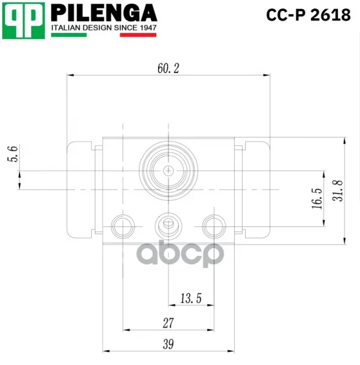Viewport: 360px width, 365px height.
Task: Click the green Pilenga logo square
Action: pos(24,21)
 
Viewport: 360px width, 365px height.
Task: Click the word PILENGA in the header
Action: pos(104,13)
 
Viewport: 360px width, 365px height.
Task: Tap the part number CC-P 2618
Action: pos(308,15)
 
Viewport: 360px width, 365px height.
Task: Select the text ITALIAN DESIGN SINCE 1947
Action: pos(104,28)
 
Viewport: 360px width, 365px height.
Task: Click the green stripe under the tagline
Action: pos(69,35)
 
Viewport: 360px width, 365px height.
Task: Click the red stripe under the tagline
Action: pos(138,35)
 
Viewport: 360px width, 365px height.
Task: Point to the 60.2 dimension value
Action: pos(168,68)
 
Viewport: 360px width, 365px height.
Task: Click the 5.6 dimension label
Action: pos(13,154)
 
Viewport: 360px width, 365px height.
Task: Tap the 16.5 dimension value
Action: pos(317,198)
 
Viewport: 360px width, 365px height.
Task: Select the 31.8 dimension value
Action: pos(337,190)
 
